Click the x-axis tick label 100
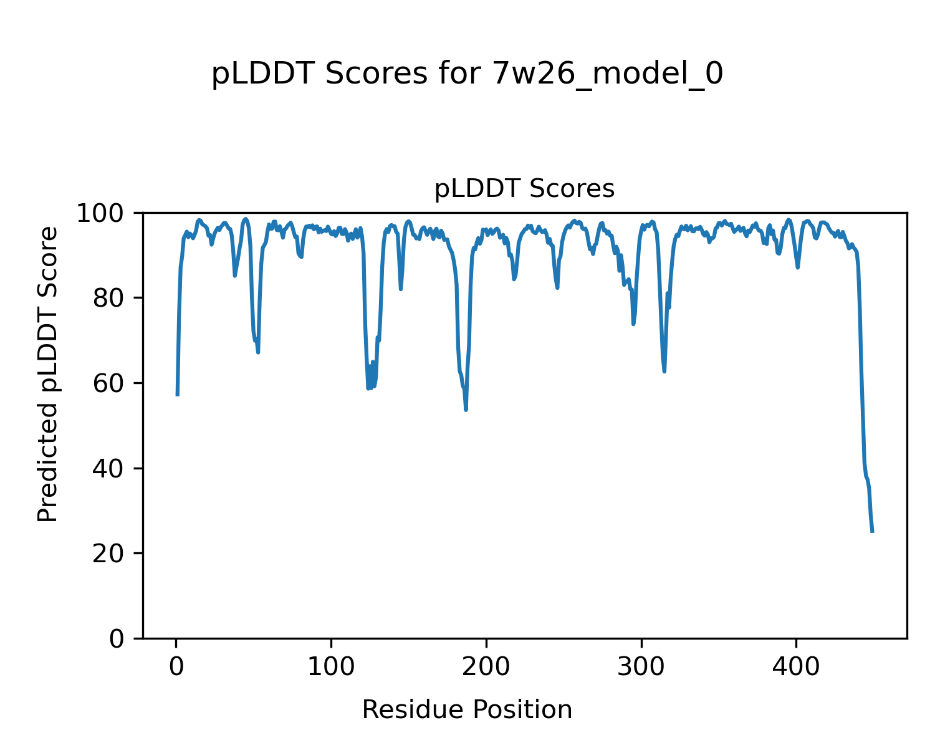[x=331, y=666]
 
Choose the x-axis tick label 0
[x=176, y=666]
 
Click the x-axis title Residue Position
[x=467, y=710]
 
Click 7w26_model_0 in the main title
[x=608, y=74]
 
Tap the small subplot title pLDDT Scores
[x=524, y=189]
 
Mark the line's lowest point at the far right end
[x=872, y=531]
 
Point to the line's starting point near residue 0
[x=178, y=395]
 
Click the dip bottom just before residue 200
[x=466, y=410]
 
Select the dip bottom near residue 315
[x=664, y=372]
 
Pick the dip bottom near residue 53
[x=258, y=352]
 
